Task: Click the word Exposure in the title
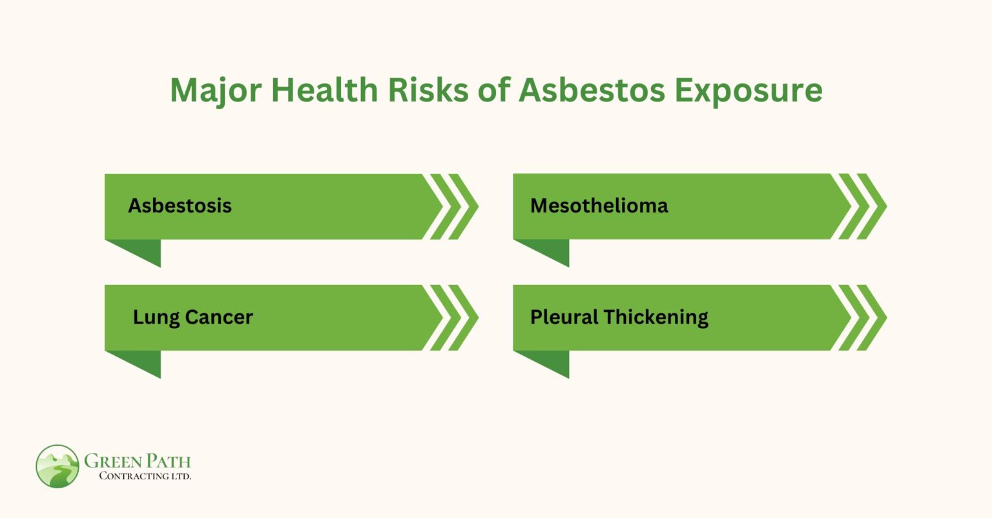[749, 90]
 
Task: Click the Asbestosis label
[180, 206]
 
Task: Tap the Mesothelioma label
[599, 206]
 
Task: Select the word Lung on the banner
[156, 318]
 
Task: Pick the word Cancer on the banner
[219, 317]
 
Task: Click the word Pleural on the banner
[564, 317]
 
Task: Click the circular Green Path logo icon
[57, 466]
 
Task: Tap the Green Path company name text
[138, 461]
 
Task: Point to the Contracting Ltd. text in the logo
[145, 476]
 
